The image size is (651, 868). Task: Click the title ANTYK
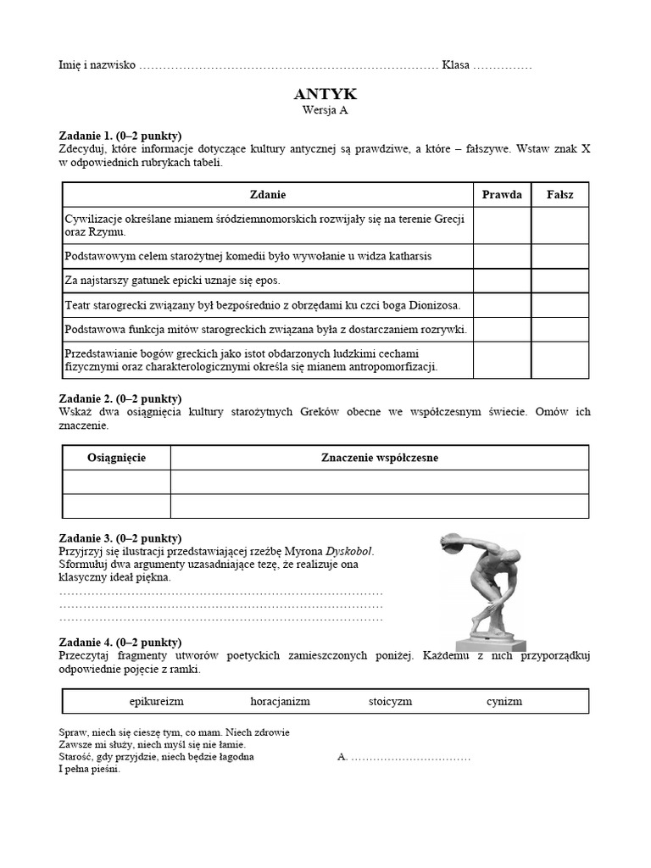[x=325, y=94]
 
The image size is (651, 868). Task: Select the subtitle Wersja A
[x=325, y=109]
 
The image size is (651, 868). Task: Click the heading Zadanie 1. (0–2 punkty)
[x=120, y=136]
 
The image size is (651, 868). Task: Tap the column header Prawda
[x=502, y=195]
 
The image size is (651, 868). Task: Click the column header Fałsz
[x=559, y=195]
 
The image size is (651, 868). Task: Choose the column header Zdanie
[x=268, y=195]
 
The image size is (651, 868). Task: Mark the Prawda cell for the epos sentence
[x=502, y=281]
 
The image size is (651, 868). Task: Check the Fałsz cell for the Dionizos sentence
[x=559, y=304]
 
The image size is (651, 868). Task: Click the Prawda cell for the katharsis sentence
[x=502, y=256]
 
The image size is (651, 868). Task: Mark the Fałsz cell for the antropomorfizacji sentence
[x=559, y=360]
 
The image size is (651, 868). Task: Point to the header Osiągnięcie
[x=117, y=458]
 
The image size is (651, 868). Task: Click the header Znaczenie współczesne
[x=380, y=458]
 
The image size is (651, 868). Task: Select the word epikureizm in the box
[x=157, y=702]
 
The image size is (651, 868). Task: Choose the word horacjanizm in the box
[x=280, y=702]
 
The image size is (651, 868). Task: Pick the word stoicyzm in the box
[x=390, y=702]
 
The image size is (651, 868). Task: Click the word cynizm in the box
[x=504, y=702]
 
